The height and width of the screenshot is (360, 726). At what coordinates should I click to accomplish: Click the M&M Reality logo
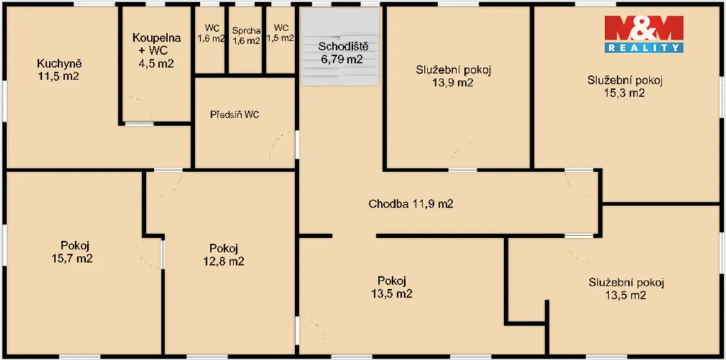click(644, 34)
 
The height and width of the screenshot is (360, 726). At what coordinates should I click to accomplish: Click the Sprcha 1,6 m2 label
click(246, 35)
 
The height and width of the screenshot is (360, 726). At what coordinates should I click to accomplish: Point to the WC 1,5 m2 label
click(281, 33)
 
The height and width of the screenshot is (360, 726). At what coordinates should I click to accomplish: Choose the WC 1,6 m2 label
click(211, 33)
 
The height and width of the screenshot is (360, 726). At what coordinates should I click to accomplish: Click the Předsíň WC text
click(234, 115)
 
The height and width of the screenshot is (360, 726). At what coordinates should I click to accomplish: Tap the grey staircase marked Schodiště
click(340, 47)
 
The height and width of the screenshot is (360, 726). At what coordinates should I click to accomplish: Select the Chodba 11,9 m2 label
click(411, 203)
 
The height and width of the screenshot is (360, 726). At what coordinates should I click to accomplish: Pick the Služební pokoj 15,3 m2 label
click(625, 86)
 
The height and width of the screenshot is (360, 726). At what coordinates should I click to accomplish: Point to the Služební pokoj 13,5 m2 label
click(627, 288)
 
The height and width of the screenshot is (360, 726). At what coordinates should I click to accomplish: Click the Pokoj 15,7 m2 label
click(74, 252)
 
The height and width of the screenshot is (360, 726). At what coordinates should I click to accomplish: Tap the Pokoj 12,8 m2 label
click(223, 254)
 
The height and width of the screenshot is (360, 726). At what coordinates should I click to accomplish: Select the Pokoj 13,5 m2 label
click(391, 287)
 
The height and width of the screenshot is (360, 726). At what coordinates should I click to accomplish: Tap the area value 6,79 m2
click(341, 59)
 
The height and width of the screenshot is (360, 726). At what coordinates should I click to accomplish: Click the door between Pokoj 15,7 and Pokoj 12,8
click(162, 254)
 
